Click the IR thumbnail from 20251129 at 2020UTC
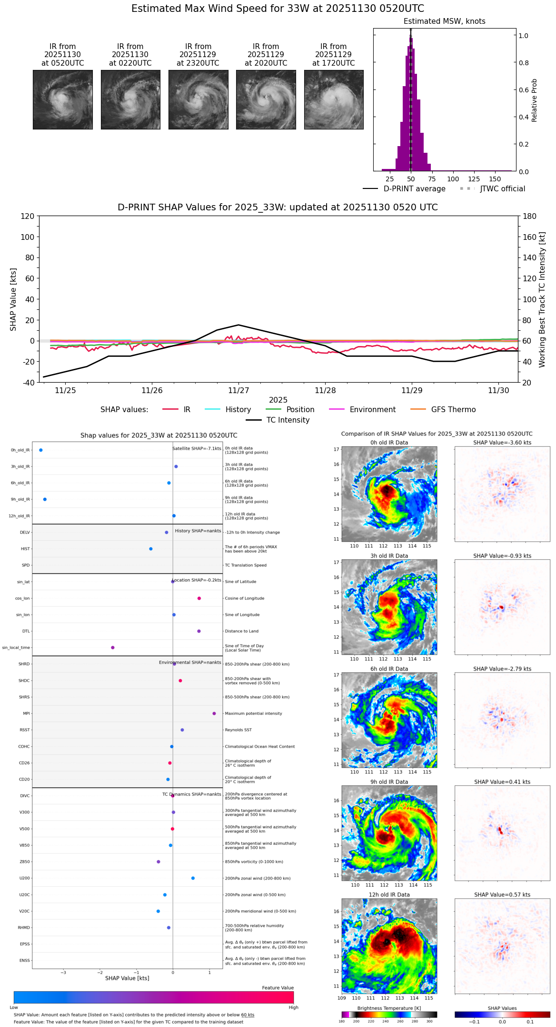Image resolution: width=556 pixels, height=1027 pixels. coord(266,99)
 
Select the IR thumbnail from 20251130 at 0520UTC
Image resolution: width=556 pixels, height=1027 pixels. coord(63,99)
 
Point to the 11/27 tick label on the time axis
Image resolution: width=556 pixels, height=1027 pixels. coord(238,390)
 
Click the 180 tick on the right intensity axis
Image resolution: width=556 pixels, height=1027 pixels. coord(529,216)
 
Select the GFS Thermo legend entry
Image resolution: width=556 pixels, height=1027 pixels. coord(453,410)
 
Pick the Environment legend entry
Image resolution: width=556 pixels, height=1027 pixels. coord(372,410)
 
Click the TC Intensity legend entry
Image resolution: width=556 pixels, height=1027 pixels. coord(288,420)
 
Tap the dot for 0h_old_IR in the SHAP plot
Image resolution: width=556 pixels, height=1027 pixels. coord(41,450)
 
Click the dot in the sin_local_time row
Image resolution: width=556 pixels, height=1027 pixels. coord(113,648)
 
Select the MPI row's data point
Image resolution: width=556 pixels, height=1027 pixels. coord(214,713)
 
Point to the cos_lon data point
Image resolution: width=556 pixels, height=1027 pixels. coord(199,598)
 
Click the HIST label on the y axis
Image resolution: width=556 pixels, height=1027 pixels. coord(25,549)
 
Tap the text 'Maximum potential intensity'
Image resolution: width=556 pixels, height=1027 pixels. coord(253,713)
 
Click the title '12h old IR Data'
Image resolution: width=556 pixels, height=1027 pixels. coord(389,895)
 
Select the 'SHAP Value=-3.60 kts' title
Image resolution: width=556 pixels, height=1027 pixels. coord(502,443)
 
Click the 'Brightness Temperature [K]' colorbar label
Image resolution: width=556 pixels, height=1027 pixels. coord(389,1008)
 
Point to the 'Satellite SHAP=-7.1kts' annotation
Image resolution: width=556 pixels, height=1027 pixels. coord(197,448)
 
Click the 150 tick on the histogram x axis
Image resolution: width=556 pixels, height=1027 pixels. coord(495,179)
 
